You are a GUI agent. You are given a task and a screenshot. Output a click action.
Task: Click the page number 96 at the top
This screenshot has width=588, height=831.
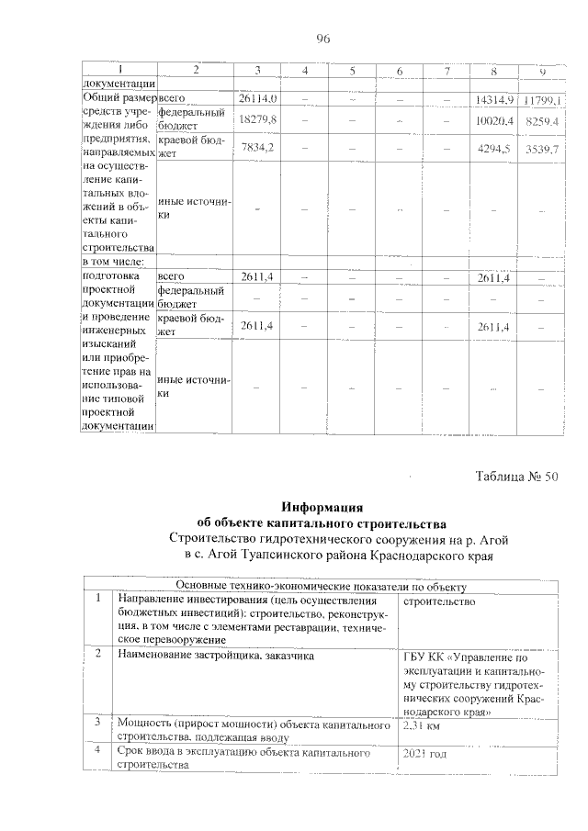[322, 38]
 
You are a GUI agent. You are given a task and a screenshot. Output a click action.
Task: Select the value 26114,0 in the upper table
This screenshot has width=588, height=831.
[258, 97]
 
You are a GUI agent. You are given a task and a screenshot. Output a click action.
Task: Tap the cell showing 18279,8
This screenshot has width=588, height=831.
[258, 120]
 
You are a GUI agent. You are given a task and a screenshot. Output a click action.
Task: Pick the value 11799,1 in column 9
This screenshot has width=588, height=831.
[542, 98]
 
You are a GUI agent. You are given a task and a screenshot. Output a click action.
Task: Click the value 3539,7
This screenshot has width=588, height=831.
[542, 148]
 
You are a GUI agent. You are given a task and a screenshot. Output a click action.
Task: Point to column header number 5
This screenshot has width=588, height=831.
[352, 72]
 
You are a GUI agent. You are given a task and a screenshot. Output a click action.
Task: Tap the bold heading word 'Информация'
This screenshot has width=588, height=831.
[322, 506]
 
